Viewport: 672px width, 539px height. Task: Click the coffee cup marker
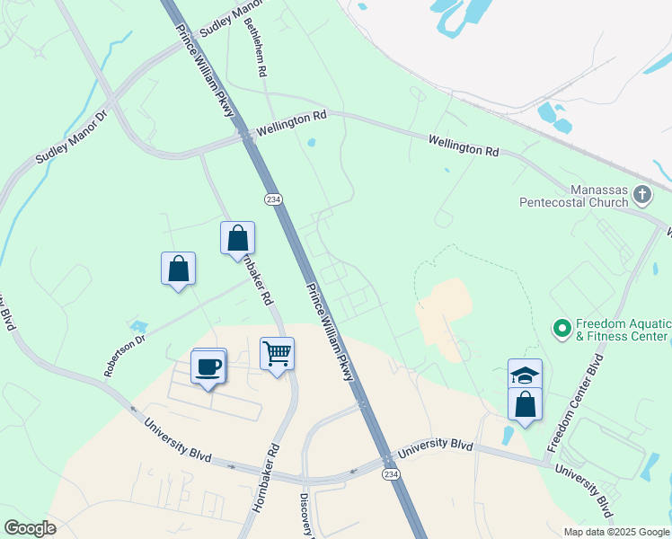(208, 367)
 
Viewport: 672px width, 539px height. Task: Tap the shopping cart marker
(278, 353)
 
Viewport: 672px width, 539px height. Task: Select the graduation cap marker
(526, 375)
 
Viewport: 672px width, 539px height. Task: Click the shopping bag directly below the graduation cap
(526, 404)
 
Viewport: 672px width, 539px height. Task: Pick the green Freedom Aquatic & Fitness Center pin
(562, 329)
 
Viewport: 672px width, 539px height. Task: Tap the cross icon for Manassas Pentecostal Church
(642, 193)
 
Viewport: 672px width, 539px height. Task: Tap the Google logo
(30, 528)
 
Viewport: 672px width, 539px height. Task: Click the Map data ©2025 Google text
(616, 532)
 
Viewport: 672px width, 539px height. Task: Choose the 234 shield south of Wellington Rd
(271, 199)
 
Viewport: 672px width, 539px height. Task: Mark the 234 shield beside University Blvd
(390, 474)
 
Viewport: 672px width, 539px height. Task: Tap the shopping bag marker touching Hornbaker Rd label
(237, 238)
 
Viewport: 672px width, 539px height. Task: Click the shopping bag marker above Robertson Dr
(178, 269)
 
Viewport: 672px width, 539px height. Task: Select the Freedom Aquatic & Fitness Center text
(622, 330)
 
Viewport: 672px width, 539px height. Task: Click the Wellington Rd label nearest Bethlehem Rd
(291, 122)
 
